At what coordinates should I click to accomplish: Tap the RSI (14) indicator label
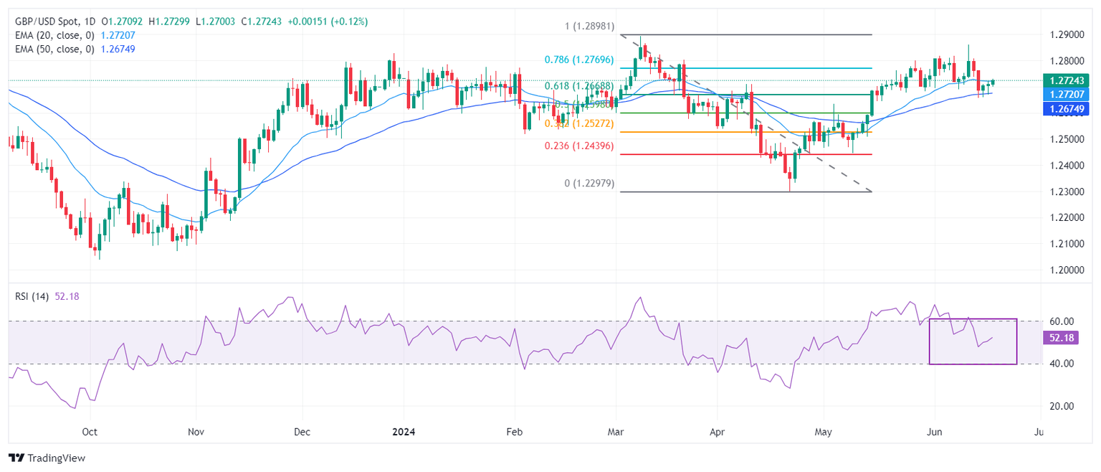coord(31,297)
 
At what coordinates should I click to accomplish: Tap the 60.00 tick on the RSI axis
coord(1057,321)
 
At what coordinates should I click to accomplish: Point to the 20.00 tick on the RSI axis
coord(1057,406)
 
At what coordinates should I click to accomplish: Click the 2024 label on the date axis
coord(404,433)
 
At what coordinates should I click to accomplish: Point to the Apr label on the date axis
coord(717,433)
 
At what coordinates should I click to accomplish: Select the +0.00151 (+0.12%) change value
coord(328,22)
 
